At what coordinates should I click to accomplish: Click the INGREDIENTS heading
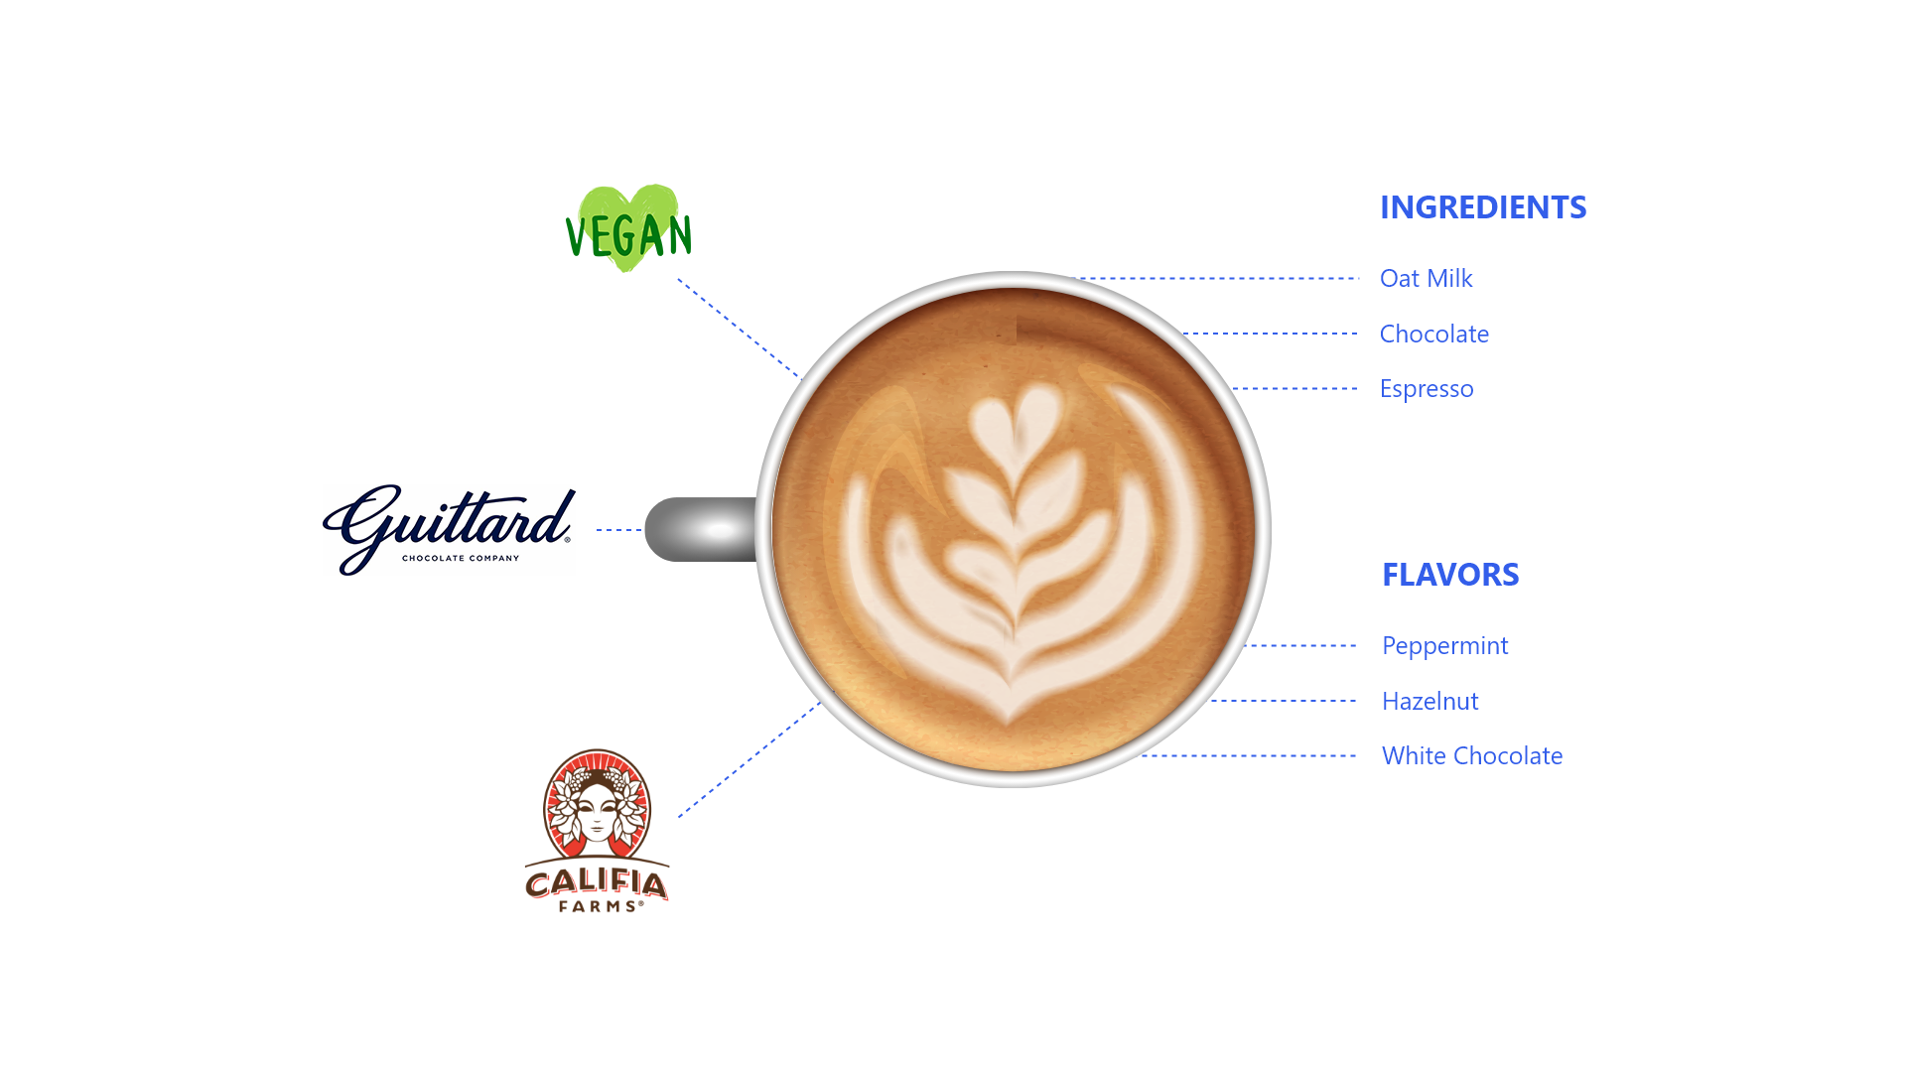pos(1483,207)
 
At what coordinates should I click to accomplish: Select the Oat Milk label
pos(1426,279)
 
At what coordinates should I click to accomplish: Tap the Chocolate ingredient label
pos(1434,335)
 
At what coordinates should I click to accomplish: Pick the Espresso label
pos(1427,389)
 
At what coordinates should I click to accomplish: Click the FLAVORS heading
pos(1450,575)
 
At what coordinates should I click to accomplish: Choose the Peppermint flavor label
pos(1445,646)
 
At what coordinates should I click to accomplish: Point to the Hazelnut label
pos(1430,702)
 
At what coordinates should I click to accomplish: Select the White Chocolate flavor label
pos(1472,756)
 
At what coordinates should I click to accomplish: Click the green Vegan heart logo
pos(628,229)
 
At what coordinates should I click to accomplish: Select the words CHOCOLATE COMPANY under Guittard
pos(461,559)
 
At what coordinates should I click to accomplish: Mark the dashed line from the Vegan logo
pos(739,329)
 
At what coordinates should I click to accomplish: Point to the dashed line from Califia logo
pos(749,760)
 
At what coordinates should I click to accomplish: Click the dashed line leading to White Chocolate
pos(1249,756)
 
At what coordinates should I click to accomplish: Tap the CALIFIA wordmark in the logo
pos(597,882)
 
